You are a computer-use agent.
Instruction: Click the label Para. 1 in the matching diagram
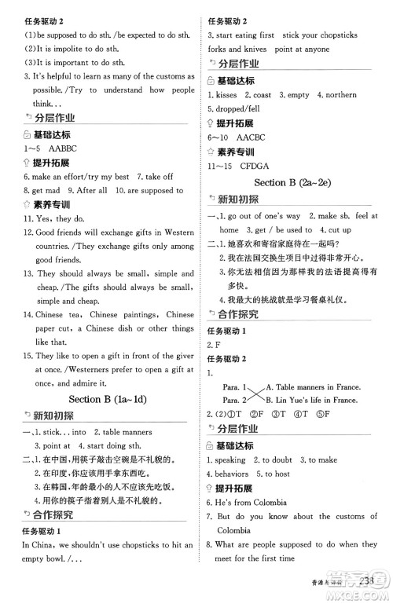click(x=230, y=386)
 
